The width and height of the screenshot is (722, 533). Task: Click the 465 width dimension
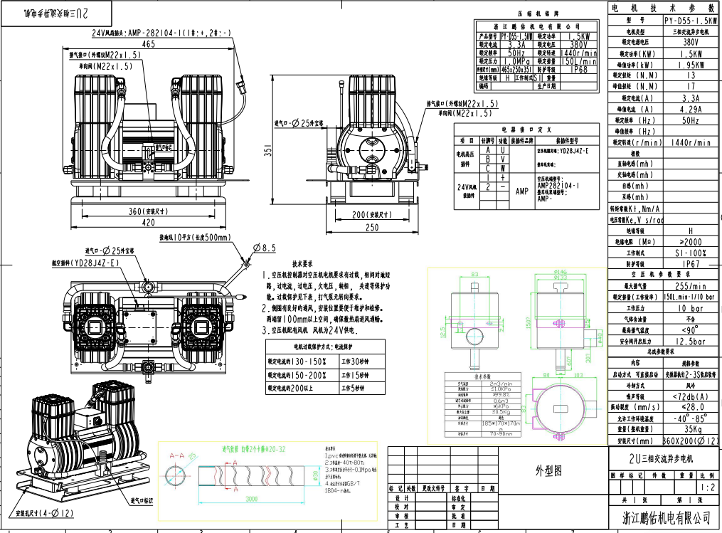pyautogui.click(x=148, y=44)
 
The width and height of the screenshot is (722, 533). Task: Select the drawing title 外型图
pyautogui.click(x=548, y=470)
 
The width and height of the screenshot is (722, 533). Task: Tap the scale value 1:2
pyautogui.click(x=707, y=488)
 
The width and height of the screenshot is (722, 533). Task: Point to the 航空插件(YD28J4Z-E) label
pyautogui.click(x=85, y=263)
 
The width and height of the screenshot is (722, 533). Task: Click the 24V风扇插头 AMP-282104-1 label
pyautogui.click(x=161, y=33)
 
